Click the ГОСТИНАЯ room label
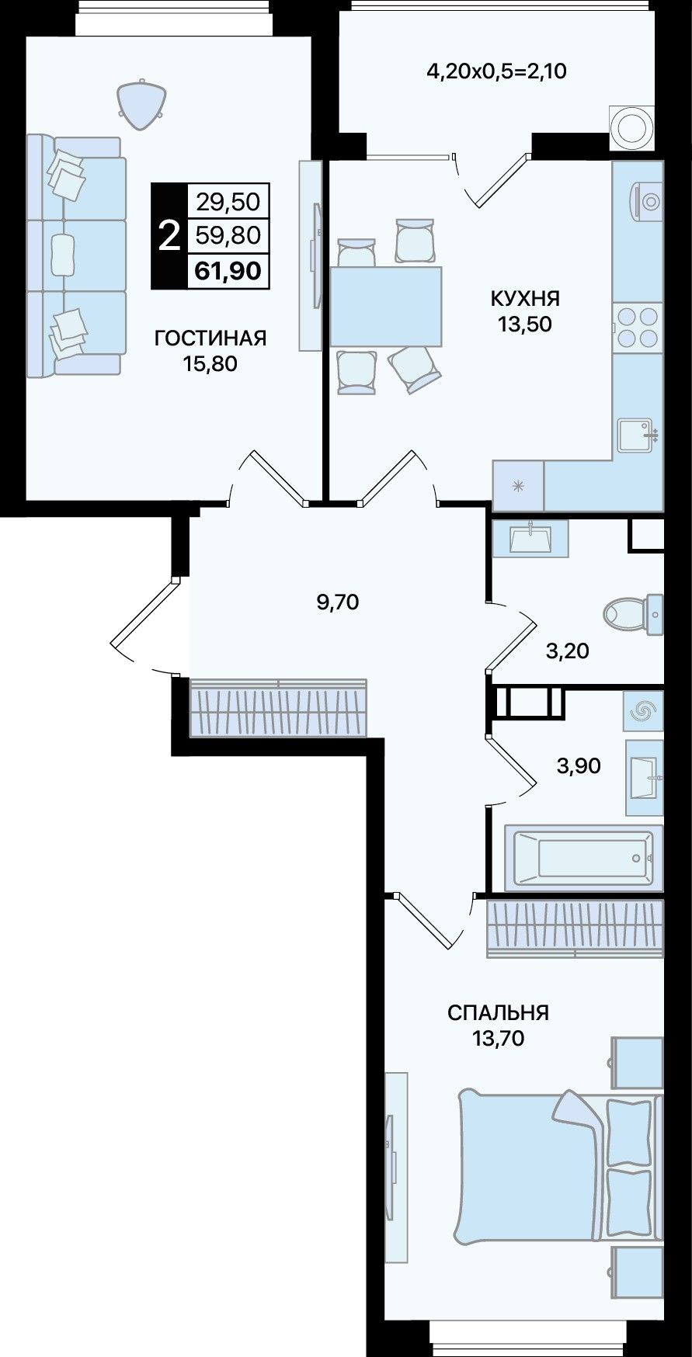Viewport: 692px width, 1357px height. coord(210,338)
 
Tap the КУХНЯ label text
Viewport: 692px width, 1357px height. coord(525,298)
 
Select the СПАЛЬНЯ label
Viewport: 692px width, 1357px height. coord(498,1012)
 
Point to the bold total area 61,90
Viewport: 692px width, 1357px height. coord(228,271)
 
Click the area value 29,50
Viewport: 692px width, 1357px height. coord(228,203)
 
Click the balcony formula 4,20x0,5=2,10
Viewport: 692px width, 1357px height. coord(496,72)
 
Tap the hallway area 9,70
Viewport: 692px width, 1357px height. coord(338,601)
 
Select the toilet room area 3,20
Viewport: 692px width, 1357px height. coord(567,651)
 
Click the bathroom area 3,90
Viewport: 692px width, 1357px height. coord(579,765)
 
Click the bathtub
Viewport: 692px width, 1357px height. coord(583,857)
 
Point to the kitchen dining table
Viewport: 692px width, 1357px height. coord(386,306)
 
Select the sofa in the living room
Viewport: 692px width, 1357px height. coord(75,255)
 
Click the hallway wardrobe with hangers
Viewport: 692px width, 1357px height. coord(278,708)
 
